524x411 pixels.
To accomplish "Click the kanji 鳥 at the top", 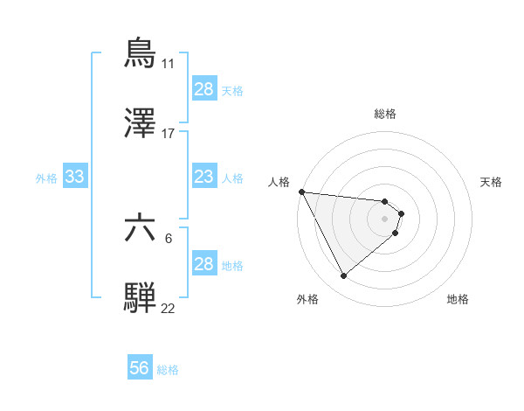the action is [141, 53].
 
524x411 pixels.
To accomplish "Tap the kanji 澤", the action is [141, 124].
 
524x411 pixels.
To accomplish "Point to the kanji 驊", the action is [141, 298].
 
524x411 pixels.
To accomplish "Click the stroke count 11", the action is [168, 64].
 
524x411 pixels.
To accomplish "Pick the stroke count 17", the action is [168, 134].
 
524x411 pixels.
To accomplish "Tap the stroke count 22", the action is [168, 308].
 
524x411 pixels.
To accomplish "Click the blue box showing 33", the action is [74, 177].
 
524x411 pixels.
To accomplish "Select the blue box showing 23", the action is [203, 177].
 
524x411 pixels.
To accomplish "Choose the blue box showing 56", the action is [140, 368].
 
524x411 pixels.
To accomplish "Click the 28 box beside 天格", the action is [203, 88].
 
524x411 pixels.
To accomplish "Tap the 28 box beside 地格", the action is [203, 264].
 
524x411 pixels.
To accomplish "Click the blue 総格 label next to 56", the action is [168, 370].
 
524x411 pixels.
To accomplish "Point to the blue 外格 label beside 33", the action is [46, 178].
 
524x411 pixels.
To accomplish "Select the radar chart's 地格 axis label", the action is [458, 300].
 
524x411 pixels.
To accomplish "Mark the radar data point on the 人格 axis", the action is [301, 192].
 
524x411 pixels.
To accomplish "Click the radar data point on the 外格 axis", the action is [343, 275].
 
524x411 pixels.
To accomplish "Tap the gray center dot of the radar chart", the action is [384, 219].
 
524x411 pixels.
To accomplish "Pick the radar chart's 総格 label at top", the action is [384, 114].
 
